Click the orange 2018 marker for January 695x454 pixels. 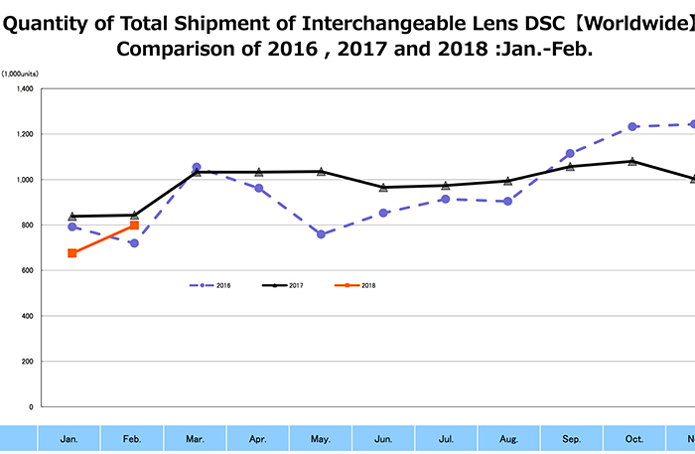coord(72,253)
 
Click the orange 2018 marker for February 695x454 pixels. coord(134,226)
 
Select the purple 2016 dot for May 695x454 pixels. coord(322,234)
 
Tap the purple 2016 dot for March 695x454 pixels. coord(197,168)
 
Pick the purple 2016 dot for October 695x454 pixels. coord(631,126)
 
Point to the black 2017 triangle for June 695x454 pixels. coord(383,187)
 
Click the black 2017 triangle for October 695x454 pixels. coord(631,160)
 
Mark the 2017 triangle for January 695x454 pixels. coord(72,216)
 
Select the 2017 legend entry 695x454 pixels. coord(283,285)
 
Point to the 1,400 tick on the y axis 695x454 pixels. coord(25,88)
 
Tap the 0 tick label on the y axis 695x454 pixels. coord(32,406)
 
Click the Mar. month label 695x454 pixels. coord(197,438)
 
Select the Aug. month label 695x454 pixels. coord(507,438)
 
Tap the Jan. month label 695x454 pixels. coord(69,438)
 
